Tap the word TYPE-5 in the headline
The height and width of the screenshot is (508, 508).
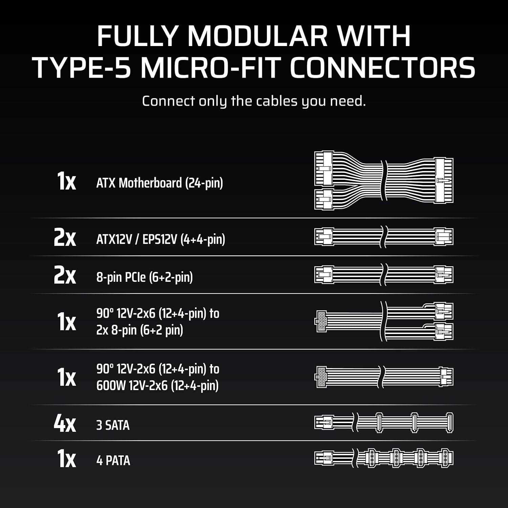pos(83,68)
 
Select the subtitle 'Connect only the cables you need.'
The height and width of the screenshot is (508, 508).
pos(254,101)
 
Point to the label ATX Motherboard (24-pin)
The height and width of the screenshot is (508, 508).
pos(160,183)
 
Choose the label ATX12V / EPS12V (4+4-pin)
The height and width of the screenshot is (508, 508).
pos(161,239)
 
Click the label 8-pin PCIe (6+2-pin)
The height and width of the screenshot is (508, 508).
pos(145,277)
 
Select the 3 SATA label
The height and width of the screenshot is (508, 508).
pos(113,425)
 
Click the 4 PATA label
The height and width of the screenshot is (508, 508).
pos(113,461)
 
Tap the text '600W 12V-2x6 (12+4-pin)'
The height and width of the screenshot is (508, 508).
pos(157,385)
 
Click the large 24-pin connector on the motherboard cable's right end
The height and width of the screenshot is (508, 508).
pos(444,181)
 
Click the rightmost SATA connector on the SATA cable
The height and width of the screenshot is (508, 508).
pos(450,423)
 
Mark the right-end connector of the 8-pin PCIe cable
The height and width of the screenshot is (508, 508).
pos(444,275)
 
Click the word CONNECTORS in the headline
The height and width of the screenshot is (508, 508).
pos(383,68)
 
